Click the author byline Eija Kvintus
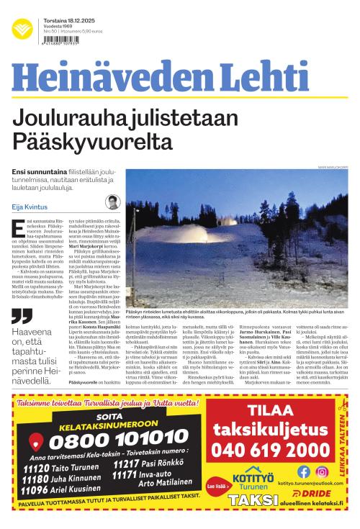(31, 207)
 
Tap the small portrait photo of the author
(112, 203)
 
